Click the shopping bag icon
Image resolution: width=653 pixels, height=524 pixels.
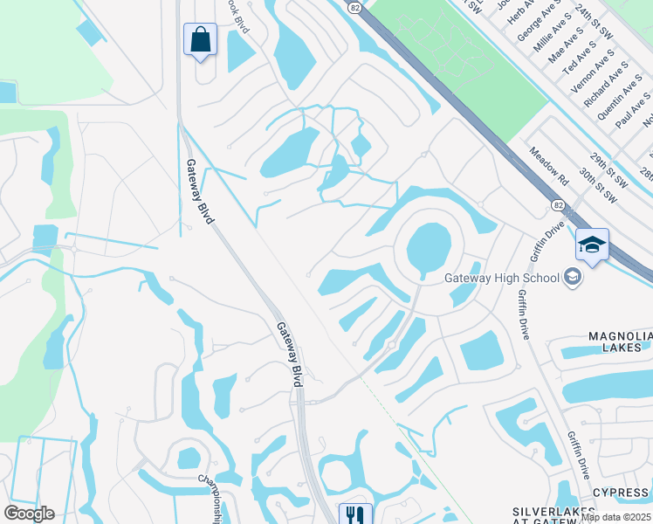201,39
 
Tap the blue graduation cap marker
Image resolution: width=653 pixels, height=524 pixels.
592,245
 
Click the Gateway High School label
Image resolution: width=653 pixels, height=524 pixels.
501,279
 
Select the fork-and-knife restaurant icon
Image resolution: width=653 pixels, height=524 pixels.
354,514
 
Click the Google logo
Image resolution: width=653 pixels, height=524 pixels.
29,514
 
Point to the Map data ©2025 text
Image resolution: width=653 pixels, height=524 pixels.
616,517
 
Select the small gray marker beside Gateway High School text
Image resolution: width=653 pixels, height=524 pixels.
573,278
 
